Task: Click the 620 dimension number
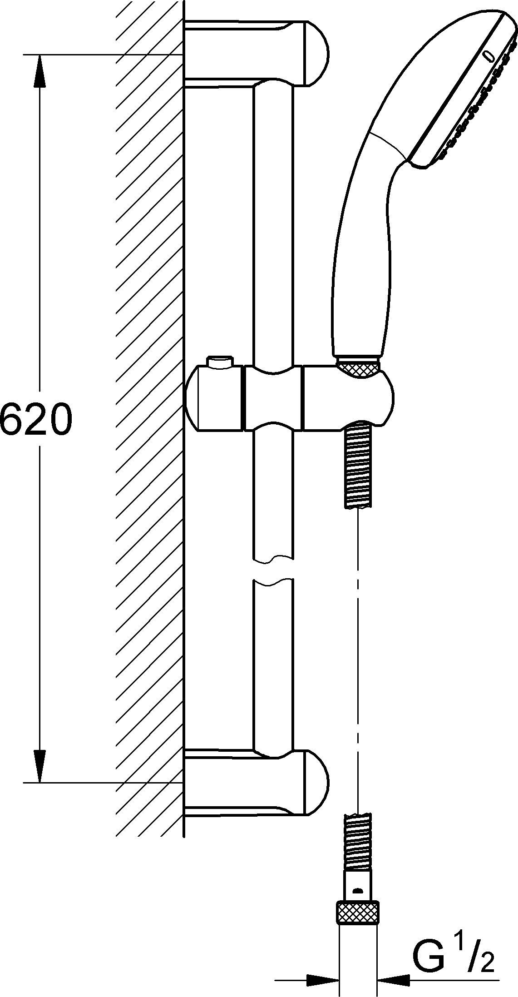click(36, 418)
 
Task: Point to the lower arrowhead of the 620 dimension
click(40, 765)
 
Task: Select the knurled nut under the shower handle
click(358, 367)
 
